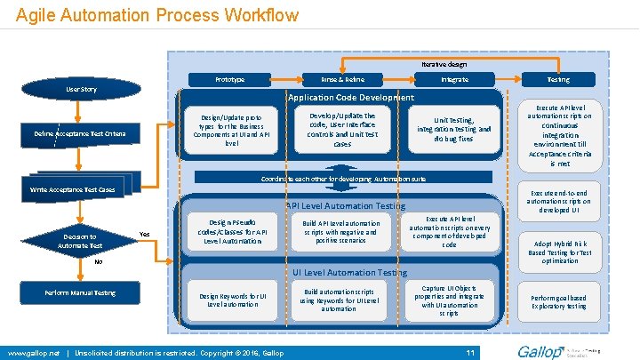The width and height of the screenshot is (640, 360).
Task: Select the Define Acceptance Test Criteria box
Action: pyautogui.click(x=80, y=133)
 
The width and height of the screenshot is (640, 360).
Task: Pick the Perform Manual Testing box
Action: pyautogui.click(x=80, y=292)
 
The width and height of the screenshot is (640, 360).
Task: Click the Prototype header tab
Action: pyautogui.click(x=229, y=80)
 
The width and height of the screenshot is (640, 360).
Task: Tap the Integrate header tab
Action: pyautogui.click(x=455, y=80)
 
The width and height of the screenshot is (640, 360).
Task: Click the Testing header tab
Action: pyautogui.click(x=558, y=80)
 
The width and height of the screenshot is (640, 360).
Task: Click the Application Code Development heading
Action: pyautogui.click(x=350, y=97)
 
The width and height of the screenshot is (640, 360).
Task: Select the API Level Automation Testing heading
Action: pyautogui.click(x=345, y=206)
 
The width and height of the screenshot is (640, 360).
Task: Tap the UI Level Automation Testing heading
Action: pyautogui.click(x=350, y=272)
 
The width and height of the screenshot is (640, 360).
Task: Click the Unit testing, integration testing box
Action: pyautogui.click(x=453, y=129)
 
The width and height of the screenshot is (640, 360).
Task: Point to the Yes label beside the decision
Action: pyautogui.click(x=145, y=235)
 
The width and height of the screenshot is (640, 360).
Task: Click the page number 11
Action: pyautogui.click(x=472, y=353)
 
